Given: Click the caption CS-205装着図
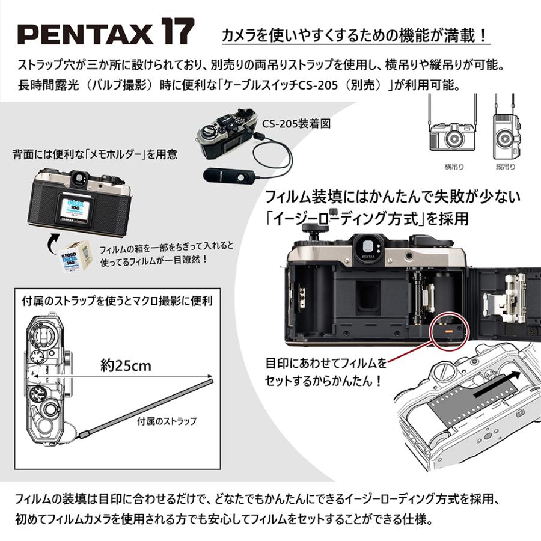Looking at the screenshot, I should (x=296, y=124).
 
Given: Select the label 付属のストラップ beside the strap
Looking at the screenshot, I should (x=167, y=421).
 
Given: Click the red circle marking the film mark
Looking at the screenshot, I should (x=448, y=329).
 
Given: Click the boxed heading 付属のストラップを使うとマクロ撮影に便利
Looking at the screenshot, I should (x=117, y=299).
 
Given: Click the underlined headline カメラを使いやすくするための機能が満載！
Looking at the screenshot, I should (x=356, y=36).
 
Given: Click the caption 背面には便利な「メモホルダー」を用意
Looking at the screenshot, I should (x=95, y=154).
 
